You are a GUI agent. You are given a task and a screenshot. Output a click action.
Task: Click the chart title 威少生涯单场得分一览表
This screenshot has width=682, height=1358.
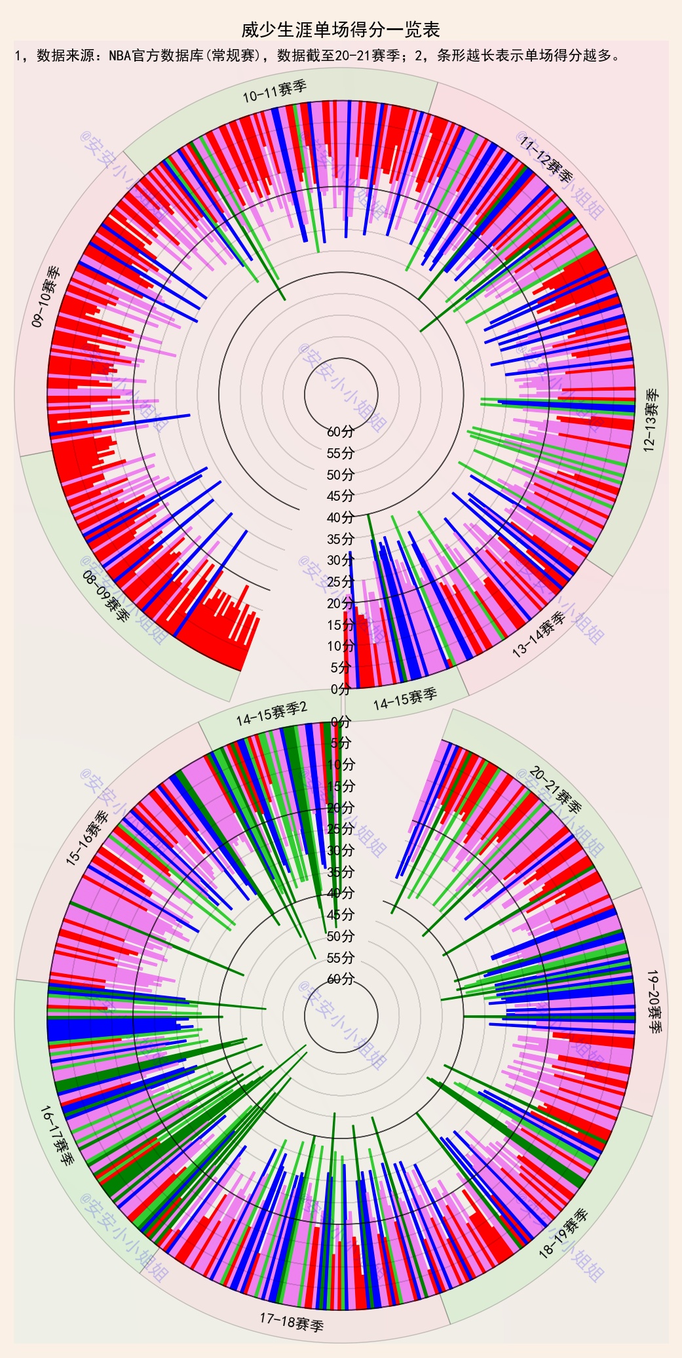341,30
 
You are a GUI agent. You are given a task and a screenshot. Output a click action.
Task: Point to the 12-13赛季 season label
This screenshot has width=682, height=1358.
651,420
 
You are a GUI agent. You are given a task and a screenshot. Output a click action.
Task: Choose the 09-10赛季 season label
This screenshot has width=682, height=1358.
46,296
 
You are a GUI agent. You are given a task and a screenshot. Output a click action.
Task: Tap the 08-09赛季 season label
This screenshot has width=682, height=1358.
105,595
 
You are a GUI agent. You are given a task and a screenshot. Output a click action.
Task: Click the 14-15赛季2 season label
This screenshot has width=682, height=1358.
271,714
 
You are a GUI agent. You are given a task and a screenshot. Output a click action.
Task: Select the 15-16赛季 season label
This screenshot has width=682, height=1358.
88,839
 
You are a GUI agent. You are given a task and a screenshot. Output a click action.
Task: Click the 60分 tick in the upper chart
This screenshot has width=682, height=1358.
341,431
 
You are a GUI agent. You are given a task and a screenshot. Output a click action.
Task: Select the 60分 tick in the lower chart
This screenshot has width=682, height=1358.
341,979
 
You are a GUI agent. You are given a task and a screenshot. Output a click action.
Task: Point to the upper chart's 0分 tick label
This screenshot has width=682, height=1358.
341,689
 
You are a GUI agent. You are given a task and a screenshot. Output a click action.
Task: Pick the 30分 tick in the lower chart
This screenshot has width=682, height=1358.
341,851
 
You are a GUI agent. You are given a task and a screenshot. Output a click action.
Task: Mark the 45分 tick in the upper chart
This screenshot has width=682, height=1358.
341,495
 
